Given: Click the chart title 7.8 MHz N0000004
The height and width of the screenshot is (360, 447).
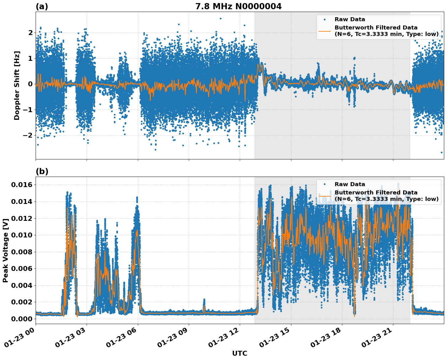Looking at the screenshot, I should pyautogui.click(x=238, y=6).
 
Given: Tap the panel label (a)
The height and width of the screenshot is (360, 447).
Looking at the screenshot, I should pyautogui.click(x=42, y=6).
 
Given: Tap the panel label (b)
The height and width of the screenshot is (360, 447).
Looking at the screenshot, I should pyautogui.click(x=42, y=171).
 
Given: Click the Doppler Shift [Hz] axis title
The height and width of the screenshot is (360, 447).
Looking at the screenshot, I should pyautogui.click(x=17, y=85).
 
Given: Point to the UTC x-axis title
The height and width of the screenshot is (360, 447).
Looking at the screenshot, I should pyautogui.click(x=239, y=353).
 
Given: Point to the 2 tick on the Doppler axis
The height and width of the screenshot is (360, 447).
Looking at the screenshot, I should pyautogui.click(x=30, y=33).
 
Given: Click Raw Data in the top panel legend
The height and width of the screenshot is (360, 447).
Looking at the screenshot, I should pyautogui.click(x=350, y=19).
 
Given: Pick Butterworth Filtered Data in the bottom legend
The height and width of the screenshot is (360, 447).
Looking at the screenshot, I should pyautogui.click(x=376, y=193).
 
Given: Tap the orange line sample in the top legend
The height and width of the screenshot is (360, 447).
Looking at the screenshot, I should pyautogui.click(x=325, y=31).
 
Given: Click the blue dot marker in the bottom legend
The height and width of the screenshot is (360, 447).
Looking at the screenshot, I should pyautogui.click(x=325, y=184).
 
